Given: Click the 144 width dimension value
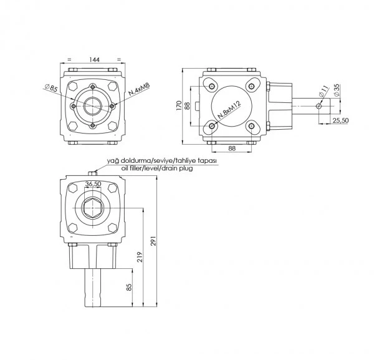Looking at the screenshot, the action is (95, 59).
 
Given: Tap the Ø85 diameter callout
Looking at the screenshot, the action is (51, 88).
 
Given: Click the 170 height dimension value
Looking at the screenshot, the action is (179, 105).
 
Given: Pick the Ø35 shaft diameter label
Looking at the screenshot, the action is (336, 90).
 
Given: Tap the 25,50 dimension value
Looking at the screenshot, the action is (340, 120).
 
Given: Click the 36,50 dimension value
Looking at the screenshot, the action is (93, 184).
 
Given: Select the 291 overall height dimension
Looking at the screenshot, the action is (153, 241).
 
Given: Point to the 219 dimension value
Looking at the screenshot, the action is (140, 257).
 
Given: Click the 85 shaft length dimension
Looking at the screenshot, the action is (129, 287).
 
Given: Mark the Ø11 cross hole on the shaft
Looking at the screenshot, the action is (319, 106).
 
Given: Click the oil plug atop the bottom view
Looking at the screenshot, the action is (92, 173).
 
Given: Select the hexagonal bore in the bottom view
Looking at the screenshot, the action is (92, 208).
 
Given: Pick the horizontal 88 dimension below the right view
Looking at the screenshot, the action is (232, 148).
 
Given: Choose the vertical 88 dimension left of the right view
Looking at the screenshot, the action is (187, 106).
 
